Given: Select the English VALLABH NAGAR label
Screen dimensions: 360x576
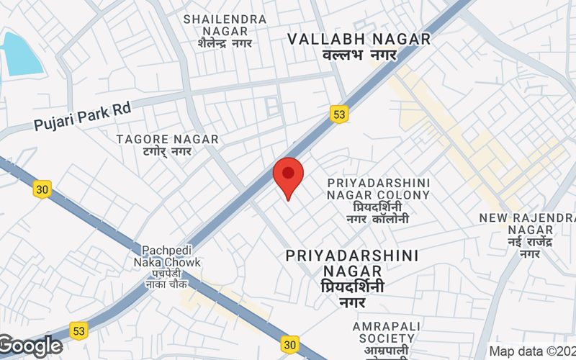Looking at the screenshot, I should coord(359,39).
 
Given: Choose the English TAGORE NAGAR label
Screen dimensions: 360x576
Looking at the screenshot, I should coord(167,138).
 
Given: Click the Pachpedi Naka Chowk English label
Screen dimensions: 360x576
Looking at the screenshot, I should coord(171,256).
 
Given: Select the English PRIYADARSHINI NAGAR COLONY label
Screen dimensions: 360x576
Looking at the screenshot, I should coord(378,189).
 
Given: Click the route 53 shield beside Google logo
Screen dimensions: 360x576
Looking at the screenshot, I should coord(78,330).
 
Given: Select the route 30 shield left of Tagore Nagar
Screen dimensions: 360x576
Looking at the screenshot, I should coord(42,189).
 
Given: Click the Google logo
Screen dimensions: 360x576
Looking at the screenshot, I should coord(31,346).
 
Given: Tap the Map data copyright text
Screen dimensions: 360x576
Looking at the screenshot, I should coord(532,351).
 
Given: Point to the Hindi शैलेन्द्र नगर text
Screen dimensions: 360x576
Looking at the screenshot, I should coord(225,43).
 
